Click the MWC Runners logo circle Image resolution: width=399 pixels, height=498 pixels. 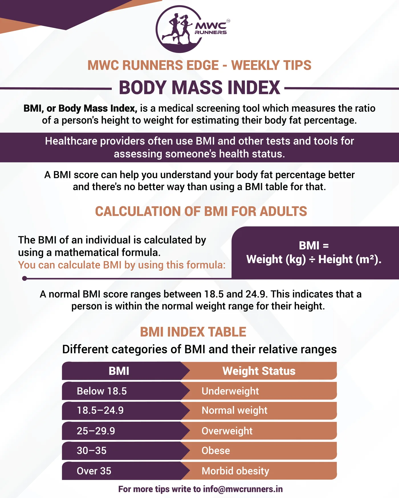tap(180, 29)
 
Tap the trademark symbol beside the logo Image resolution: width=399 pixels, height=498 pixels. tap(228, 21)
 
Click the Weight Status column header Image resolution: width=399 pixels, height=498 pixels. tap(259, 371)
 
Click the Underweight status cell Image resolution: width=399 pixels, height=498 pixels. tap(259, 391)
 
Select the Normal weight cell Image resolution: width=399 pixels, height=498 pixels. tap(259, 410)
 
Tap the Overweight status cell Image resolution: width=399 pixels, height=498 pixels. tap(259, 431)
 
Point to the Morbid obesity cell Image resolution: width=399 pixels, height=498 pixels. tap(259, 471)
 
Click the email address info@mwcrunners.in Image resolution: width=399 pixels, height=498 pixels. tap(243, 489)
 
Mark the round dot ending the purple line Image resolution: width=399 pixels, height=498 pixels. tap(25, 278)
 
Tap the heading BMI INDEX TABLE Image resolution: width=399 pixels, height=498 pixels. tap(193, 332)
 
